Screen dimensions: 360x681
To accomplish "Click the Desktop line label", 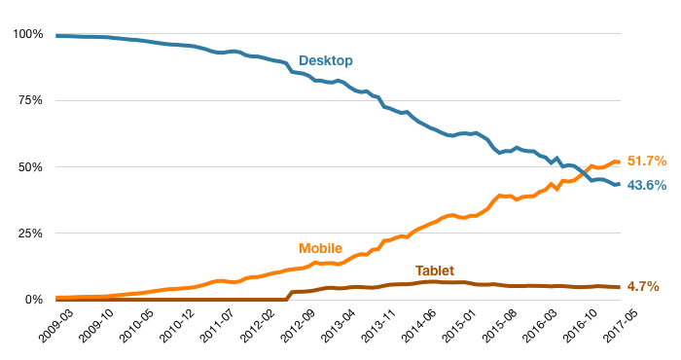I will (x=325, y=61).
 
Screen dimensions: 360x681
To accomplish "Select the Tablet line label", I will (x=435, y=270).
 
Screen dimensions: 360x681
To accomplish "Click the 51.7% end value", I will (x=646, y=161).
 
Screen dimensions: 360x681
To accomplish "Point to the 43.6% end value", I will (x=646, y=185).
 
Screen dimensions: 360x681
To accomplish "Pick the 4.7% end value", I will (x=643, y=287).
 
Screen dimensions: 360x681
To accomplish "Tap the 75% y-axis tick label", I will (x=31, y=101).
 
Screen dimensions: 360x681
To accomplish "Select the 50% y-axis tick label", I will (x=31, y=167).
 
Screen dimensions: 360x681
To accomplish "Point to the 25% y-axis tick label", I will (x=31, y=234).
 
